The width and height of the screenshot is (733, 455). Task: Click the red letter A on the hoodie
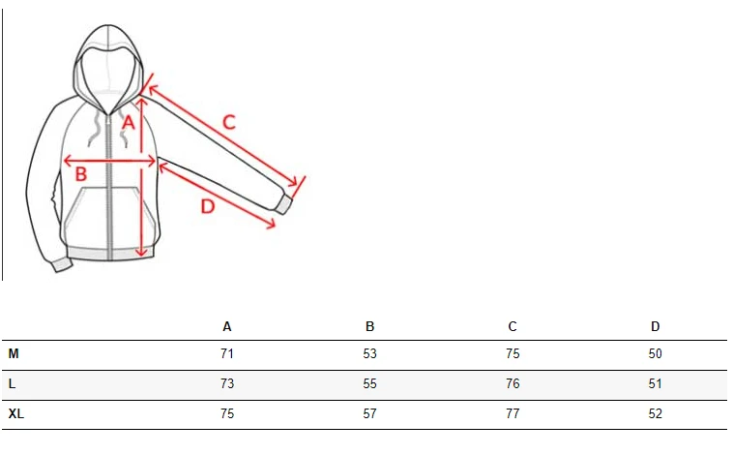pos(128,122)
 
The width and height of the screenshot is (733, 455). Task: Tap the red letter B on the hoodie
pos(81,174)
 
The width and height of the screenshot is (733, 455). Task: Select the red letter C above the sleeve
pos(228,123)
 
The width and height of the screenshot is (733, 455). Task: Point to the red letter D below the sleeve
pos(208,206)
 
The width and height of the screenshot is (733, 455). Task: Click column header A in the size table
pos(227,327)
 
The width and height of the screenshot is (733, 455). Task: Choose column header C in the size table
pos(513,327)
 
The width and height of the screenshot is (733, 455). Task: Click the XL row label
pos(15,413)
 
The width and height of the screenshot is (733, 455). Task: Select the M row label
pos(14,354)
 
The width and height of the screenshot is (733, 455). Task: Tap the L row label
pos(12,384)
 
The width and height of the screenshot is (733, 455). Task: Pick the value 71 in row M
pos(227,354)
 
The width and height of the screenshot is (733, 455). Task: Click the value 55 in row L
pos(369,384)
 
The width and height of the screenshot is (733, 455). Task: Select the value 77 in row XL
pos(513,413)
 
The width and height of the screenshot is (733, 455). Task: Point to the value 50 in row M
pos(655,354)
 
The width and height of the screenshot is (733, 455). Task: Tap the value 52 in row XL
pos(655,413)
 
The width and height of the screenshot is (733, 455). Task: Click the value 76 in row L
pos(513,384)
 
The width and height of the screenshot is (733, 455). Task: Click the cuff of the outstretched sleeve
pos(283,204)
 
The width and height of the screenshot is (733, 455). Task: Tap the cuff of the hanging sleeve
pos(62,265)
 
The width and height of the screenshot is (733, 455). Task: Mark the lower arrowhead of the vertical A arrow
pos(141,254)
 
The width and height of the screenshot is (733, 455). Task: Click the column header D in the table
pos(655,327)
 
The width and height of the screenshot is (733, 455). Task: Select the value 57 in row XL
pos(369,413)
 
